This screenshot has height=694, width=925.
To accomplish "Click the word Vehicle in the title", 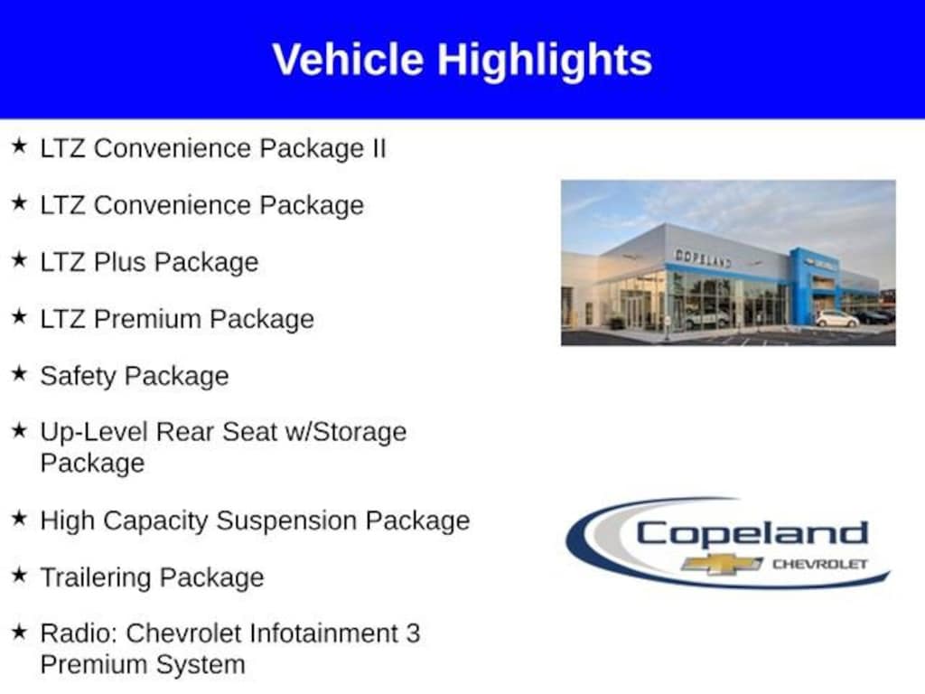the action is [348, 59].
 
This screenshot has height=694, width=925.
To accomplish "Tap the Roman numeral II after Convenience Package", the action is [378, 148].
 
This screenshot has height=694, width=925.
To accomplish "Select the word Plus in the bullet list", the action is [118, 262].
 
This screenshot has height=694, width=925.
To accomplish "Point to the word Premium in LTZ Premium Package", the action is [147, 319].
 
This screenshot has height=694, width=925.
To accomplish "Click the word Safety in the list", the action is [78, 377].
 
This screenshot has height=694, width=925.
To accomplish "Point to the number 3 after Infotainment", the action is [413, 633].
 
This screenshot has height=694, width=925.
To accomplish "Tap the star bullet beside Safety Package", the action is [19, 373].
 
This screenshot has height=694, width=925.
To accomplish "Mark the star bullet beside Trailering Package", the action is [19, 574].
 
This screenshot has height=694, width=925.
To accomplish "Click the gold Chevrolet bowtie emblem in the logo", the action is [722, 564].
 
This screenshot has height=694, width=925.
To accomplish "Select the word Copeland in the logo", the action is [752, 533].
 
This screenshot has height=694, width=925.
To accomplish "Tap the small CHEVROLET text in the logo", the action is [820, 564].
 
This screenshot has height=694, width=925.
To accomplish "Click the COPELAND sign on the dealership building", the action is [703, 258].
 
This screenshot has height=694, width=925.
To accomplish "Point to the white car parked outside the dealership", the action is [836, 319].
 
